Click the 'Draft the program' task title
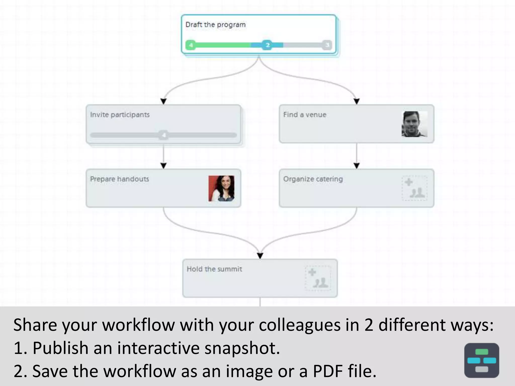click(216, 25)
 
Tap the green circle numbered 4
click(191, 45)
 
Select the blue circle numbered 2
click(267, 45)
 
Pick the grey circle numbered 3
click(327, 45)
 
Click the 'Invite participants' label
click(120, 115)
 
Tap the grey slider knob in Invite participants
click(164, 135)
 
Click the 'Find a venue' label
click(305, 115)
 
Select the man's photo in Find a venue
click(414, 124)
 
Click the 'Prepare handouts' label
click(120, 179)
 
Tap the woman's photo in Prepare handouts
click(221, 188)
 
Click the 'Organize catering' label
click(313, 179)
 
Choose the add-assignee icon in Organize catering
click(414, 188)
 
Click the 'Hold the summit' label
click(214, 269)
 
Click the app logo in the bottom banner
click(482, 360)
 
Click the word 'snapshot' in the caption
click(242, 348)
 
